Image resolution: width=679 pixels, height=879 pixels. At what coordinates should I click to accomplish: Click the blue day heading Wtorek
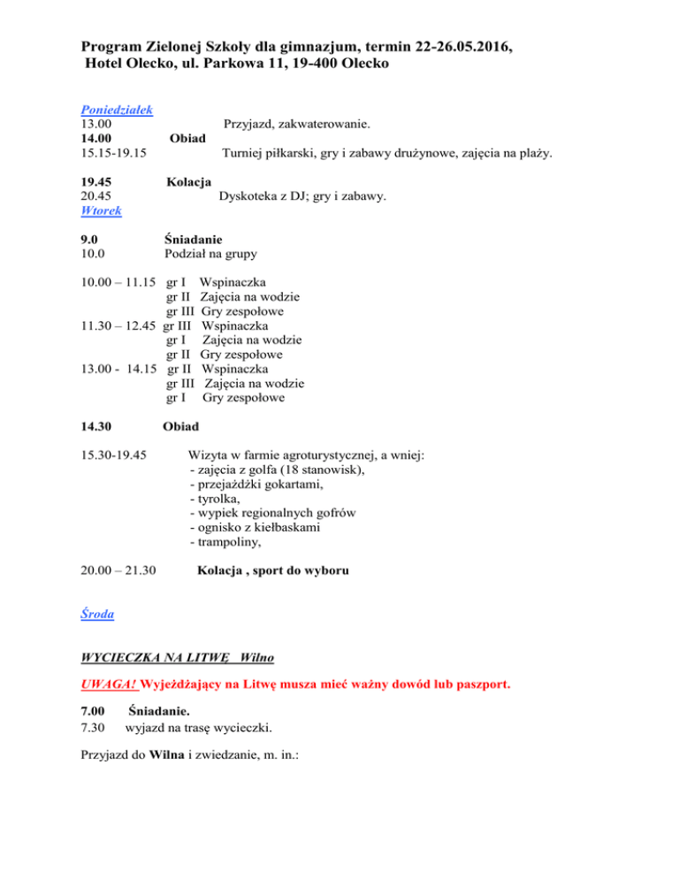[101, 211]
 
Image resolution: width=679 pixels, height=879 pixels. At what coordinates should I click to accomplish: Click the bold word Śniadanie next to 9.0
[193, 239]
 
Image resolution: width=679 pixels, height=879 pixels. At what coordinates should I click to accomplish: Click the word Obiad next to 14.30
[180, 426]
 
